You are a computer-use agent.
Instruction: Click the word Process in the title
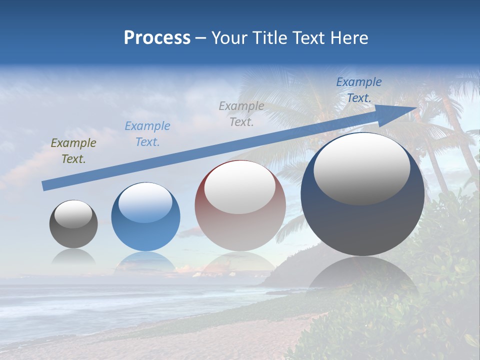[x=157, y=38]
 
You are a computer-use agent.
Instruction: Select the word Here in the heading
[x=350, y=38]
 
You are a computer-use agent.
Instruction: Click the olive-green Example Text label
[x=73, y=151]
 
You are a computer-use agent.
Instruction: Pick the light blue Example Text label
[x=147, y=134]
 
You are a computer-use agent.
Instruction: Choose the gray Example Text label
[x=241, y=113]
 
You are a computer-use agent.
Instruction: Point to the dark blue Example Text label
[x=358, y=90]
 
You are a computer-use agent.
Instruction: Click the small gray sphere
[x=73, y=224]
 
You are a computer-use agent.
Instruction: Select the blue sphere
[x=145, y=216]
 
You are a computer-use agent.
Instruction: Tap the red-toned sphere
[x=240, y=205]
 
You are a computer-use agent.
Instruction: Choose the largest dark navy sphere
[x=362, y=194]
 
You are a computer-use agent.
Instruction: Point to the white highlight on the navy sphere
[x=361, y=169]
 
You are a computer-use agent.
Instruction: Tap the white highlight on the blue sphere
[x=145, y=203]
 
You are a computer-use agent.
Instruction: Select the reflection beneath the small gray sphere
[x=73, y=257]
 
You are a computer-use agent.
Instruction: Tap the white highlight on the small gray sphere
[x=73, y=214]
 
